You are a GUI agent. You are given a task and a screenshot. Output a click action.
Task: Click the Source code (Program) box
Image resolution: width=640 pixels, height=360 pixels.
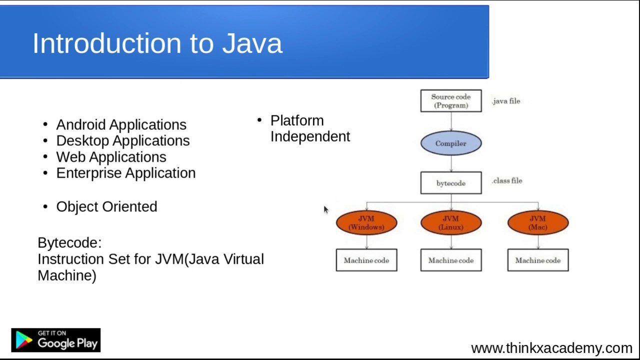450,101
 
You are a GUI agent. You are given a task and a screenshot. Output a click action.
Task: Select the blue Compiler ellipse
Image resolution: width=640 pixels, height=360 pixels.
450,143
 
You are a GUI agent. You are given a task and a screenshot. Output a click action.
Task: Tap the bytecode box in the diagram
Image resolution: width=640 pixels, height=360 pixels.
450,183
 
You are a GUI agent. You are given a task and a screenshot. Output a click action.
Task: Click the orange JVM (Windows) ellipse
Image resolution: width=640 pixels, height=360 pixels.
366,223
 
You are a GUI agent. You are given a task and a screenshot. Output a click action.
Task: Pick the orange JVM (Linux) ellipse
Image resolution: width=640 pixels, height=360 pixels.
450,223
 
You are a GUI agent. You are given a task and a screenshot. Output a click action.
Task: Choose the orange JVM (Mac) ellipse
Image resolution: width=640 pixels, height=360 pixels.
537,223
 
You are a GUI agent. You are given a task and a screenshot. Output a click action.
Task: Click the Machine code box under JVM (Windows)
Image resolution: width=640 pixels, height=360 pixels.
366,260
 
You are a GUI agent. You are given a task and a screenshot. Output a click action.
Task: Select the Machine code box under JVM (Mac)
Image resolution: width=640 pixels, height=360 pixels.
537,260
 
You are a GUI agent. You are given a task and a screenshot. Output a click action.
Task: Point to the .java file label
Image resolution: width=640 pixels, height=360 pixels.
506,101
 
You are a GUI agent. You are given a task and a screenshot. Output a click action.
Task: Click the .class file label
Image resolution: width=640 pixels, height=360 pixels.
507,180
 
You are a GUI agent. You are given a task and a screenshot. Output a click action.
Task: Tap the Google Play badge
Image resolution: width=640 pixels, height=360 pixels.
55,340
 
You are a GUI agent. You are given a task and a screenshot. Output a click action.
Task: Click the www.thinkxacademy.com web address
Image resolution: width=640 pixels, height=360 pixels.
551,348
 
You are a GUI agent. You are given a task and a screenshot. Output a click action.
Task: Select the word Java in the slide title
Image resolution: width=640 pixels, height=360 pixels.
252,43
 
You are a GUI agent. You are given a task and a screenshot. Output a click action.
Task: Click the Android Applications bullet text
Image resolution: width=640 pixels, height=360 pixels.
121,124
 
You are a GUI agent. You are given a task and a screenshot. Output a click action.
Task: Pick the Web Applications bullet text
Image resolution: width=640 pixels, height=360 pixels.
111,156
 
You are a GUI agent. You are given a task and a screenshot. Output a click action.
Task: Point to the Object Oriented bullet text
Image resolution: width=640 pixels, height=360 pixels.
106,206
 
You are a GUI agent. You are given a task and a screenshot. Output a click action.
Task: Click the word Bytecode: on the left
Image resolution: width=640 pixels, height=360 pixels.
69,243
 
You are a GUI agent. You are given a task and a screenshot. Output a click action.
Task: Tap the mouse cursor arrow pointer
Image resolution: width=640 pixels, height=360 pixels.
325,209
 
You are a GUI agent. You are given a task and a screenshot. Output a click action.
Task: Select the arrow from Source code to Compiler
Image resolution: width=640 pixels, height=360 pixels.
451,121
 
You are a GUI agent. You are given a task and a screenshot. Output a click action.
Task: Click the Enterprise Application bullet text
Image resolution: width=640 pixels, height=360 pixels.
125,173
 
